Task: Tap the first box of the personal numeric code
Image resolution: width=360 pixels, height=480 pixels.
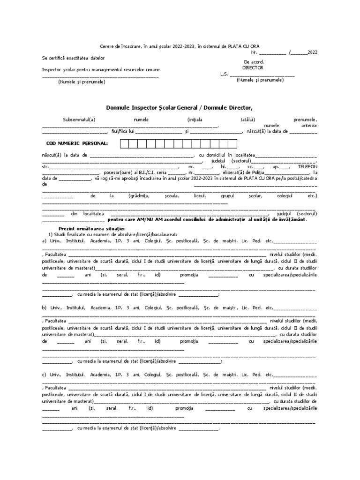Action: tap(124, 143)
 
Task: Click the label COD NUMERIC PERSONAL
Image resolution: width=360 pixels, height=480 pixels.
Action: tap(77, 143)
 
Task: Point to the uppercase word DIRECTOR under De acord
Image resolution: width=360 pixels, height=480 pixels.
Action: tap(253, 67)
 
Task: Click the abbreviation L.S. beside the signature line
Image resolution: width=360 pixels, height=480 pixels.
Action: tap(224, 74)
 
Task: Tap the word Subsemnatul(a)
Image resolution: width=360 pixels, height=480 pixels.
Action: tap(79, 120)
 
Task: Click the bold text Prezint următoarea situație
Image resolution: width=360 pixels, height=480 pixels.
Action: tap(82, 228)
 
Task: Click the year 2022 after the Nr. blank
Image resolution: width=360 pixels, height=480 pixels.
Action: tap(312, 52)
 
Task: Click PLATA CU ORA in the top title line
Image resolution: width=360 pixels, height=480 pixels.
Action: tap(240, 46)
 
